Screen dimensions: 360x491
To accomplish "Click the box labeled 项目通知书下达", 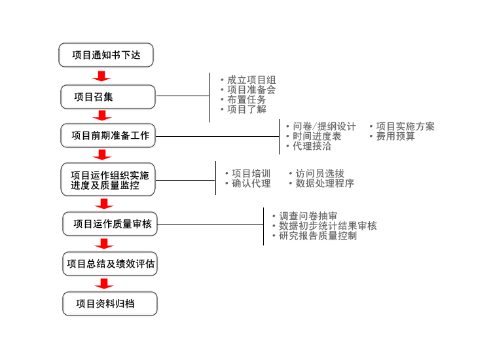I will (106, 55).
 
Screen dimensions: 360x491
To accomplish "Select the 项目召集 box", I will (108, 97).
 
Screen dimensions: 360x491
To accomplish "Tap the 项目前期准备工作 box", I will (109, 136).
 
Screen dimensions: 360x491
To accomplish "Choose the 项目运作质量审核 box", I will (110, 224).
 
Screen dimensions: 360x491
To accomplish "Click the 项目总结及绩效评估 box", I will (110, 264).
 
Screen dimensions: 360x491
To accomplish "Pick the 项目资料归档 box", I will (110, 304).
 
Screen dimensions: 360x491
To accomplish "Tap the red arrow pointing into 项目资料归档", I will (103, 283).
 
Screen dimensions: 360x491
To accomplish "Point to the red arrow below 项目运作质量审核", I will (103, 243).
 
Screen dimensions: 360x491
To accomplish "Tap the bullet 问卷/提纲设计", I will (324, 126).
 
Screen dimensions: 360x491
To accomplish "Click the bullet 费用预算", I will (395, 136).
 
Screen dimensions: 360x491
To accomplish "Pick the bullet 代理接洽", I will (312, 146).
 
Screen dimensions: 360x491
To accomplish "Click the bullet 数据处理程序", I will (325, 183).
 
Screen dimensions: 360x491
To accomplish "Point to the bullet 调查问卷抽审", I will (308, 215).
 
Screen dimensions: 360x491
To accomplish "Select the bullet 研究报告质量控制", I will (318, 235).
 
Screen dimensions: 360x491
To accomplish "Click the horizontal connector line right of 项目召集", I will (183, 96).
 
